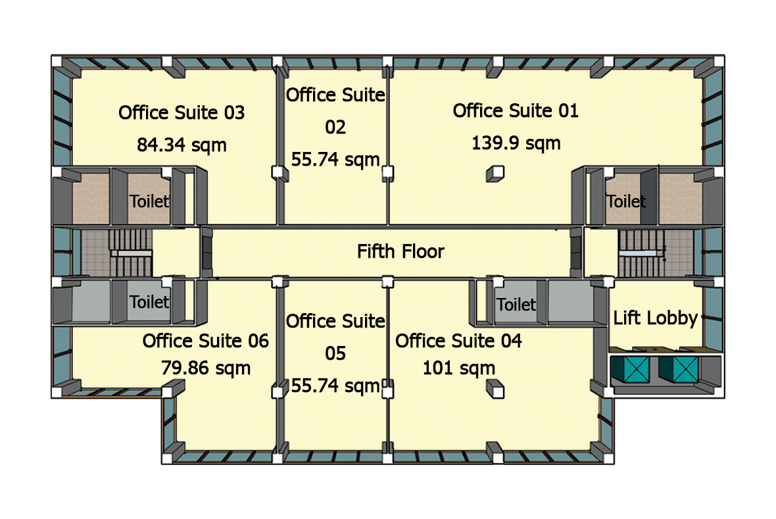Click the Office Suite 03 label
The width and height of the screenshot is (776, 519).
point(182,112)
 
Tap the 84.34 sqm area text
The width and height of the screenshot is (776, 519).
point(182,145)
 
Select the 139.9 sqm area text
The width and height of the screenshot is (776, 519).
point(516,143)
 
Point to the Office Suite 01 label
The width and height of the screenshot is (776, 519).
point(516,111)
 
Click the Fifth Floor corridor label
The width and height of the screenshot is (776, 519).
point(401,251)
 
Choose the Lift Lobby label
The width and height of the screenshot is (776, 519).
point(655,318)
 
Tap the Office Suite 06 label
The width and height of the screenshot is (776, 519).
point(205,341)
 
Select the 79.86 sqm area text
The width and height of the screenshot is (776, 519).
point(205,368)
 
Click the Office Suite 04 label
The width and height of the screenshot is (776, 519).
point(458,341)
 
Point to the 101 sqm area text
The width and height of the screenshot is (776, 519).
point(459,368)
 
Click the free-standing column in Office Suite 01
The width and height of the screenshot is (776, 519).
point(495,174)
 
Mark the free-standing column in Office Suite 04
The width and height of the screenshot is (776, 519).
point(495,389)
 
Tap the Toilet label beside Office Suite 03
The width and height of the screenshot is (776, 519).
point(149,201)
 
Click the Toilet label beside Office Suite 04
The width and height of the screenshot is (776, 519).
point(516,305)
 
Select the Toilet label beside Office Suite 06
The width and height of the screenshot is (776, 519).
point(149,301)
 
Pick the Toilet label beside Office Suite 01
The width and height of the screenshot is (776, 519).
point(626,201)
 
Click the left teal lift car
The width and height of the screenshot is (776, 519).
point(631,370)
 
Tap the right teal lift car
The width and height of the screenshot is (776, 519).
point(679,370)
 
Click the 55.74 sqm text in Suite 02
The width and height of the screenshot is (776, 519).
point(335,159)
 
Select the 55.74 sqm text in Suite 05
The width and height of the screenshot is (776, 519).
point(335,385)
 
